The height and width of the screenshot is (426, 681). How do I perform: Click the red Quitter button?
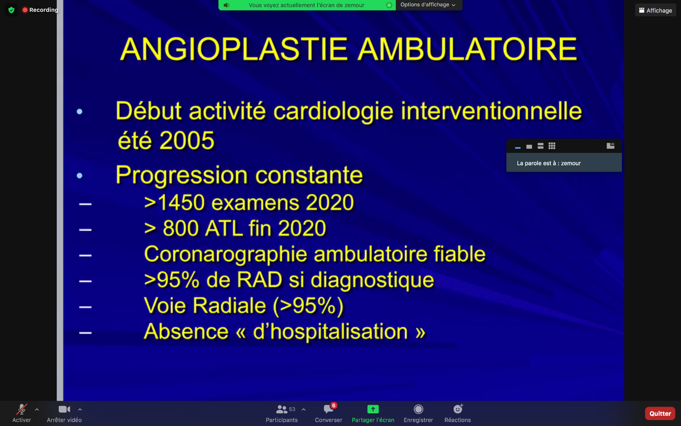(x=660, y=413)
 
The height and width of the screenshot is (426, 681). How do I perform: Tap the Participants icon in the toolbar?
(x=282, y=409)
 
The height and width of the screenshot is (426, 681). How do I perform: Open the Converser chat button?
(x=328, y=409)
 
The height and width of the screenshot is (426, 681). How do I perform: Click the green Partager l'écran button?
(x=373, y=409)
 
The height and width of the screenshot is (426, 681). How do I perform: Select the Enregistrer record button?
(x=419, y=409)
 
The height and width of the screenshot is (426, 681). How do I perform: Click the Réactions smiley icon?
(x=458, y=409)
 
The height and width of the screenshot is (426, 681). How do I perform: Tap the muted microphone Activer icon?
(x=22, y=409)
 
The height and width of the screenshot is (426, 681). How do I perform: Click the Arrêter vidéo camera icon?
(x=64, y=409)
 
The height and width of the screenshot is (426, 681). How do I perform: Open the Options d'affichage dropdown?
(x=428, y=5)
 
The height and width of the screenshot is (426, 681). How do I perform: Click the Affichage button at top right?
(x=655, y=10)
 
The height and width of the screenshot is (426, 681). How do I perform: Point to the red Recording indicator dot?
(x=25, y=10)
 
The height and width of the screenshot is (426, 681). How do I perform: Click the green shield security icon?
(x=11, y=10)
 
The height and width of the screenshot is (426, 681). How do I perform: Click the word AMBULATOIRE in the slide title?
(x=467, y=49)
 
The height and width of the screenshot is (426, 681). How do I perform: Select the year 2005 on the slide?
(x=187, y=140)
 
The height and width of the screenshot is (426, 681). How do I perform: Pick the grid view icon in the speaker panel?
(x=552, y=146)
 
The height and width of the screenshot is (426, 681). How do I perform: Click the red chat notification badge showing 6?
(x=334, y=405)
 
